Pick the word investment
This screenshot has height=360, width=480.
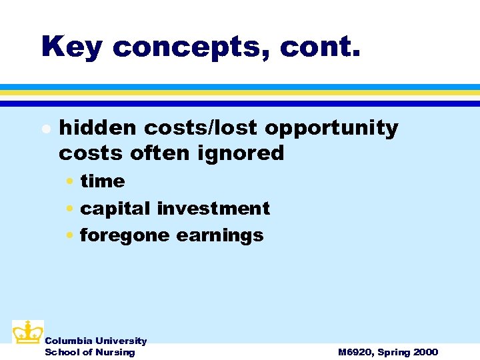[213, 208]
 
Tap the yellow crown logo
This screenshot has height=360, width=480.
[27, 331]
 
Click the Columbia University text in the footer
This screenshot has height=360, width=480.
[95, 341]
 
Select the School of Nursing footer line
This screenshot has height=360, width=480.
[89, 352]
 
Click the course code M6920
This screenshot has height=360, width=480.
[356, 352]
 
